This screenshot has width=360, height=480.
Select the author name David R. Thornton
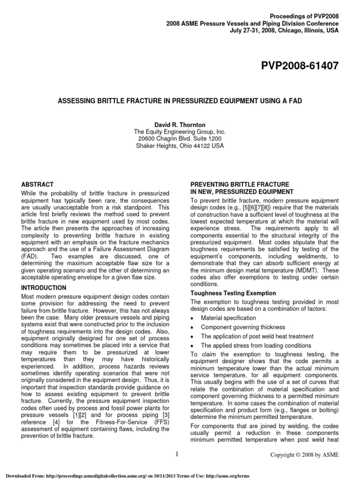[180, 126]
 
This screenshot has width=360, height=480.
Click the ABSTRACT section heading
[38, 185]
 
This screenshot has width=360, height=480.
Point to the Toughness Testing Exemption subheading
[233, 293]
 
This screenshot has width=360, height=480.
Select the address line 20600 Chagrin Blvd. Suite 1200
[180, 139]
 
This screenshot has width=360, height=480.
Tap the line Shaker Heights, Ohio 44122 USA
[180, 146]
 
